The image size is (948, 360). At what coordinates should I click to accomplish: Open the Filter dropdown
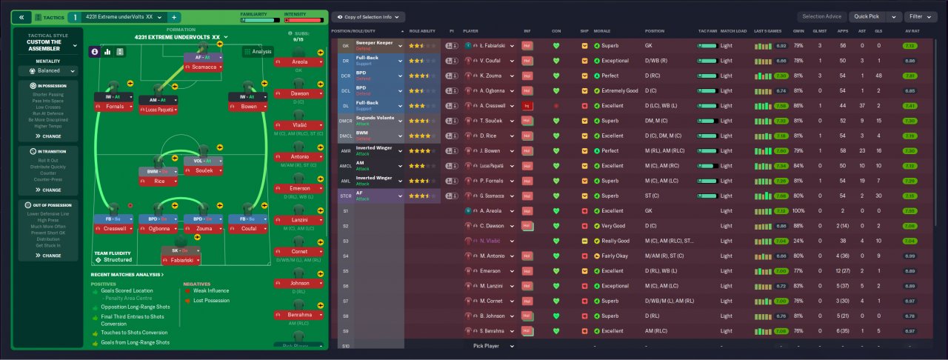coord(925,16)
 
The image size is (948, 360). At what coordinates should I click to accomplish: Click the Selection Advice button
coord(821,16)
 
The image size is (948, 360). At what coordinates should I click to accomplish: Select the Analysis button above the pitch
coord(258,51)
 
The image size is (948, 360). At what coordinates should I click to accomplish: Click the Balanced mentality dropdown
coord(49,71)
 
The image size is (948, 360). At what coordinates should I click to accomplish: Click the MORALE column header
coord(602,32)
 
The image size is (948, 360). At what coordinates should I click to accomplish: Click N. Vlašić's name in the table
coord(491,241)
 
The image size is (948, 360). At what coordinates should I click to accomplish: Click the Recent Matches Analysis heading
coord(127,275)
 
